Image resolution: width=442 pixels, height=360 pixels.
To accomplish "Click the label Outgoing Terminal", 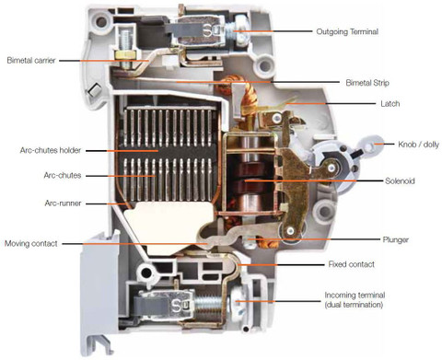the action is [x=347, y=31].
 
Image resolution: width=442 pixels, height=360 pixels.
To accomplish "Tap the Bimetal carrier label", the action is [x=31, y=60].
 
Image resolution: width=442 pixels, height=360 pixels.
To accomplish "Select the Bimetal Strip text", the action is [x=367, y=83].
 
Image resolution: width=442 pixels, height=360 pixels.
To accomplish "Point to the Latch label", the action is [x=390, y=104].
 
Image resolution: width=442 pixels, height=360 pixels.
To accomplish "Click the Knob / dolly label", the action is [x=418, y=145].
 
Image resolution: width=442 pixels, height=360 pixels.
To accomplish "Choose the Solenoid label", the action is [x=400, y=180].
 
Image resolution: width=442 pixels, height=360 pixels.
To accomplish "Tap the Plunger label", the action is [x=395, y=239].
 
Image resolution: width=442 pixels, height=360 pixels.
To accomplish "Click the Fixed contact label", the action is [x=352, y=264].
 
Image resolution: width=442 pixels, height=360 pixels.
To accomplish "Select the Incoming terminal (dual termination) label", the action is [x=355, y=300].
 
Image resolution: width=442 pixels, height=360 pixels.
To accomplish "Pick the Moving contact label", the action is [x=31, y=244].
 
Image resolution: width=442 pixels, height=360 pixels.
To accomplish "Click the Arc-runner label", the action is [x=63, y=203].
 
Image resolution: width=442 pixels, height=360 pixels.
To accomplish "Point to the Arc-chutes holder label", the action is [x=51, y=150].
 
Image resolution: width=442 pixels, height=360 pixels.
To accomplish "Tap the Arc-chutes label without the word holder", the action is [x=63, y=176].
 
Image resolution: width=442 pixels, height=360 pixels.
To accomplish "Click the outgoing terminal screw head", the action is [x=241, y=29].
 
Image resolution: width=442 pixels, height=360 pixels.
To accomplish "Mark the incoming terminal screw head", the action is [x=238, y=301].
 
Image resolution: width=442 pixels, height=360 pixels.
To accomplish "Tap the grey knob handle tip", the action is [x=372, y=144].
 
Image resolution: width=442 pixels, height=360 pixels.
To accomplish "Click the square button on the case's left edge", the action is [x=94, y=89].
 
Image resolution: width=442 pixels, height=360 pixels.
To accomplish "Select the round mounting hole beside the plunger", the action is [x=322, y=211].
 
